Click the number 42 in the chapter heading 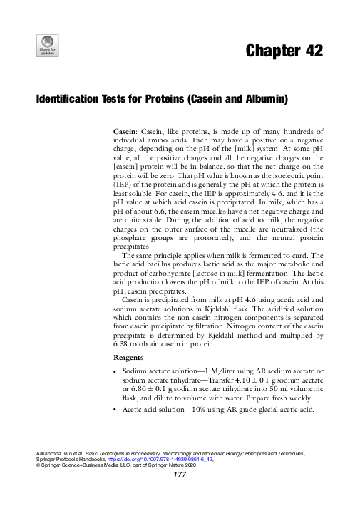tap(312, 51)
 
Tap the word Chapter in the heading tap(270, 51)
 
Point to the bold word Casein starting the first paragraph tap(126, 133)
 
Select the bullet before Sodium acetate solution tap(116, 372)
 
